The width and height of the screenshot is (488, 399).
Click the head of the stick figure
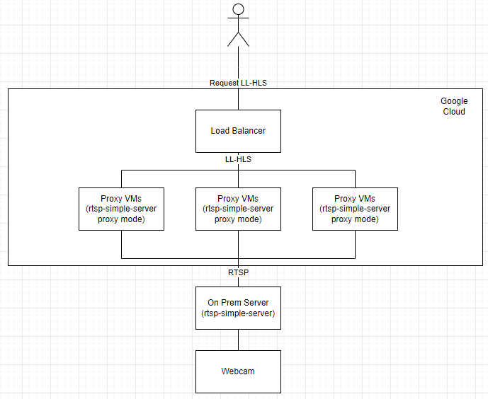238,9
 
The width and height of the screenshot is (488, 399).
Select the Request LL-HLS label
238,83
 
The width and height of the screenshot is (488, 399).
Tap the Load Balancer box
238,131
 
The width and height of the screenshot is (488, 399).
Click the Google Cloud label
454,106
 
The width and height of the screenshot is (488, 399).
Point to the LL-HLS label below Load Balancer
238,159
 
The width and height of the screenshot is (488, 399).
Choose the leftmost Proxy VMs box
121,209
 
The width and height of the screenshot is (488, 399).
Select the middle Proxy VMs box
238,209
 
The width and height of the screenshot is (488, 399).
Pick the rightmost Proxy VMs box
355,209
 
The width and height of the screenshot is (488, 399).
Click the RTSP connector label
238,271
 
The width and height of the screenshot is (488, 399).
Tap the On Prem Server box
238,308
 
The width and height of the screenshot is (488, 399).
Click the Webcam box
238,371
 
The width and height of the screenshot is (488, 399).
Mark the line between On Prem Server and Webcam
238,340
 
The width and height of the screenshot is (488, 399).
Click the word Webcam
238,371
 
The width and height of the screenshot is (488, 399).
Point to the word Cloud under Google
454,112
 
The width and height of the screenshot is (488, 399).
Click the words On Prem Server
238,303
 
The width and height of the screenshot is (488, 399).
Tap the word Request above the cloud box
225,83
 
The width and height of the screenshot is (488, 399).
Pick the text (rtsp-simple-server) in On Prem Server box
238,313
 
